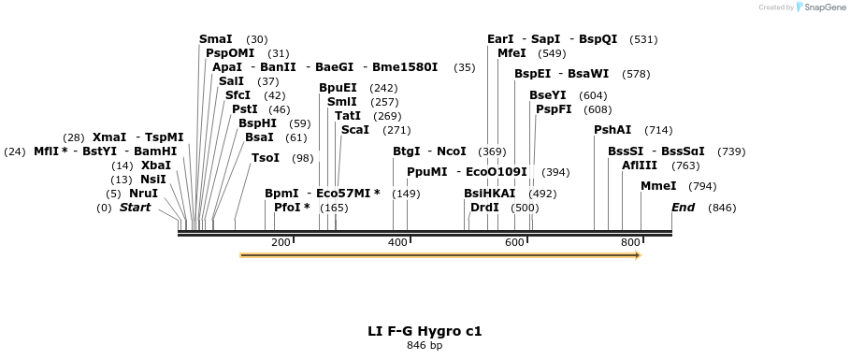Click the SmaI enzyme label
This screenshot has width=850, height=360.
[x=215, y=39]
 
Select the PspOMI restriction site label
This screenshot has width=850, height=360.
[x=230, y=53]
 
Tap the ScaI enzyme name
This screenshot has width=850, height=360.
[x=355, y=130]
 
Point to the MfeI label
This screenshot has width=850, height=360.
[x=511, y=53]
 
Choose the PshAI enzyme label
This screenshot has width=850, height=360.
[x=612, y=130]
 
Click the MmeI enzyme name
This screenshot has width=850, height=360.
[x=658, y=186]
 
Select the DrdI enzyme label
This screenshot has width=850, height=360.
[x=484, y=208]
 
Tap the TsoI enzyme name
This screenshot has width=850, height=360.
[x=266, y=158]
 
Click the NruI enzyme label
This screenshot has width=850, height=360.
[x=143, y=194]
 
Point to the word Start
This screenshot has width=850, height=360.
[x=135, y=208]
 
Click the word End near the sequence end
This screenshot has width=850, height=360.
[x=683, y=208]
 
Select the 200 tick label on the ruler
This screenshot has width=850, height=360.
[x=281, y=243]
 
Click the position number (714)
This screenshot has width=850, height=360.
[x=658, y=130]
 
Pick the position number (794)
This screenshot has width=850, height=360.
[x=702, y=186]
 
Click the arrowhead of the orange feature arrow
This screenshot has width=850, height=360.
[x=638, y=254]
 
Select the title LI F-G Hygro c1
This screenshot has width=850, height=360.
[x=425, y=331]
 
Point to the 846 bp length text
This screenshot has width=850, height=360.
[x=425, y=346]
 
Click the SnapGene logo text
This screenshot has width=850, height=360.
[x=824, y=7]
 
